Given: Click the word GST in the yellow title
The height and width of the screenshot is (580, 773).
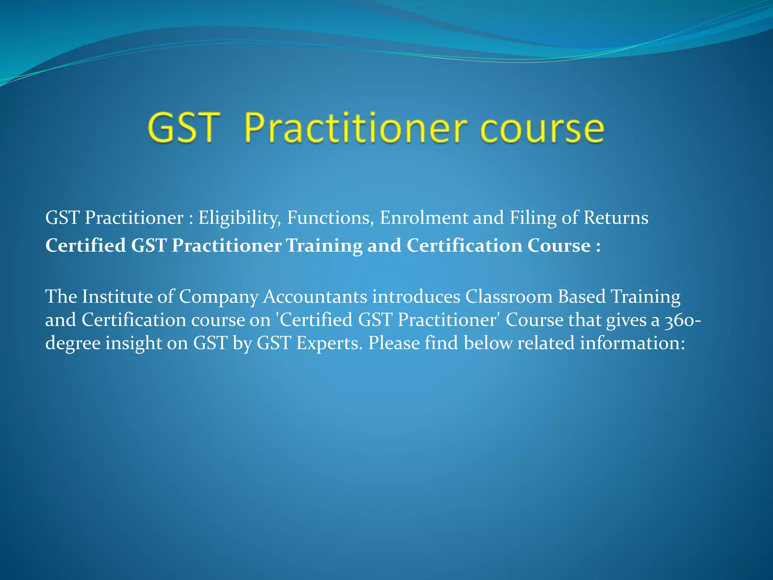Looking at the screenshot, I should [184, 128].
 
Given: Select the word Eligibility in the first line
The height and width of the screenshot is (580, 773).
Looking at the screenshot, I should [240, 218].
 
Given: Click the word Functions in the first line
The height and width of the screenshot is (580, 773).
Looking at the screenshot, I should [330, 217].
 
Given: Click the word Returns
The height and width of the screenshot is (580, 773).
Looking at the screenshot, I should [616, 217].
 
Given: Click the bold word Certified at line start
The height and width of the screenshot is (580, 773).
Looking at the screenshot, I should [86, 245].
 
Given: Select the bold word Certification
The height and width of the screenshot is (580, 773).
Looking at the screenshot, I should [464, 245].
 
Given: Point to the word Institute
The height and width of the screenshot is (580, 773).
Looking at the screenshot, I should [117, 296].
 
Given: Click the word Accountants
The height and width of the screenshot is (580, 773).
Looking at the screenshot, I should [315, 296].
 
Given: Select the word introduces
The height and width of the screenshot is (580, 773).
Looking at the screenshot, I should [416, 296].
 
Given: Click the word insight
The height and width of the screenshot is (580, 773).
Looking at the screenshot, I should [134, 344].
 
